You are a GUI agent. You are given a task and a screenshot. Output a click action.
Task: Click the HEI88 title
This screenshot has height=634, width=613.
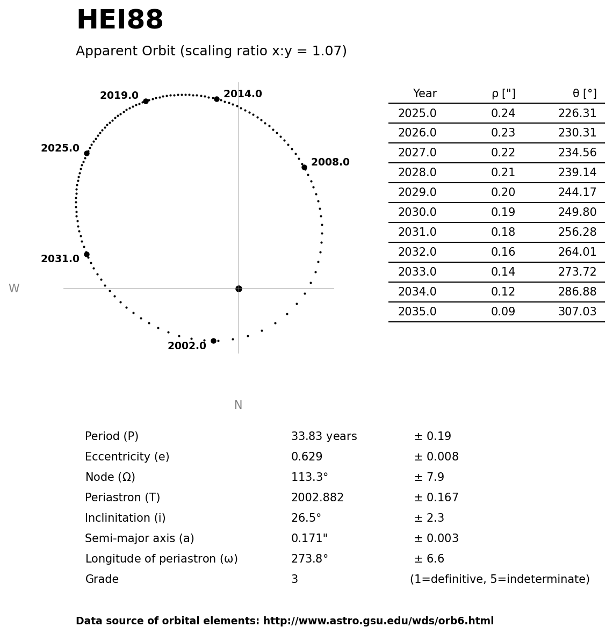(x=120, y=21)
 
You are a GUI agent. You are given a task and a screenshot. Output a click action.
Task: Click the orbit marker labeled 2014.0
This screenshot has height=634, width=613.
(x=217, y=99)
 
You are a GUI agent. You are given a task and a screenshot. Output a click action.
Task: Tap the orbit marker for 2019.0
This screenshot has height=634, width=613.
(x=146, y=101)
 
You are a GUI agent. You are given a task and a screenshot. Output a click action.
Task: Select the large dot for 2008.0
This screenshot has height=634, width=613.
(x=304, y=168)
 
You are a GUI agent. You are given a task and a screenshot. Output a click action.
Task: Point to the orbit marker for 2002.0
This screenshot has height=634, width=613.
(x=213, y=341)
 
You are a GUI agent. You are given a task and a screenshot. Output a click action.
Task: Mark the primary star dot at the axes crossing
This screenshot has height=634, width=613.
(x=239, y=289)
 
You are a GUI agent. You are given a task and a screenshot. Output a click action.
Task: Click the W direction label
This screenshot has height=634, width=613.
(x=14, y=289)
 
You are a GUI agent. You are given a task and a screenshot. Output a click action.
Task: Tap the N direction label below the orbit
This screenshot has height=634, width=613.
(x=238, y=406)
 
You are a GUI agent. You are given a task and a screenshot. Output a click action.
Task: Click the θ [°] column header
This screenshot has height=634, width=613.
(x=584, y=94)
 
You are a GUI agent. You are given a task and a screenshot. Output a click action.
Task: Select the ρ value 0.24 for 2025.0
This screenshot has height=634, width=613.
(x=503, y=114)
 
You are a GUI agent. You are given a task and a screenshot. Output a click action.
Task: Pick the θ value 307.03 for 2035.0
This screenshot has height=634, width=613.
(x=577, y=312)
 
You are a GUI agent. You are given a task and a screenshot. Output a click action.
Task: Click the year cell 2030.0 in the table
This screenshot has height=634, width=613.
(x=417, y=213)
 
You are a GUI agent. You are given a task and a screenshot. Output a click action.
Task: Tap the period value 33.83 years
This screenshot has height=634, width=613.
(x=324, y=437)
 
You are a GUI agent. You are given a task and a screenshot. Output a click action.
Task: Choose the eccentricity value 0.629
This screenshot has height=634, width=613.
(x=307, y=457)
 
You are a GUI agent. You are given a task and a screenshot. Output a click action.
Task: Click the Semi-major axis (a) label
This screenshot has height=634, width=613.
(x=140, y=539)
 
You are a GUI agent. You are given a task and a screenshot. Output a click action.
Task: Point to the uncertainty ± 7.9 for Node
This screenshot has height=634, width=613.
(x=429, y=478)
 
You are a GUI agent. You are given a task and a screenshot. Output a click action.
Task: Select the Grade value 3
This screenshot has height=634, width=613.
(x=294, y=580)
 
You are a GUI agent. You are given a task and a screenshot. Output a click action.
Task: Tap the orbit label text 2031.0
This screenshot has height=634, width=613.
(x=60, y=259)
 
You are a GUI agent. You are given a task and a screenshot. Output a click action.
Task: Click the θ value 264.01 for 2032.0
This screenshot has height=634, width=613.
(x=577, y=253)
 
